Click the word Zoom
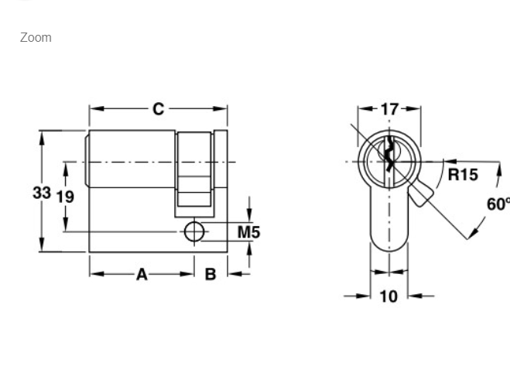(x=36, y=37)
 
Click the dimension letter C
(x=159, y=109)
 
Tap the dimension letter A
(x=142, y=274)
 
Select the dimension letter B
(x=211, y=274)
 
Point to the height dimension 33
(x=42, y=193)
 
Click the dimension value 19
(x=65, y=197)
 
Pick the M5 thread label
(x=249, y=232)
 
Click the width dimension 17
(x=389, y=109)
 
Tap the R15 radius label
(x=463, y=175)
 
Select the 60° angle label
(x=498, y=204)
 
